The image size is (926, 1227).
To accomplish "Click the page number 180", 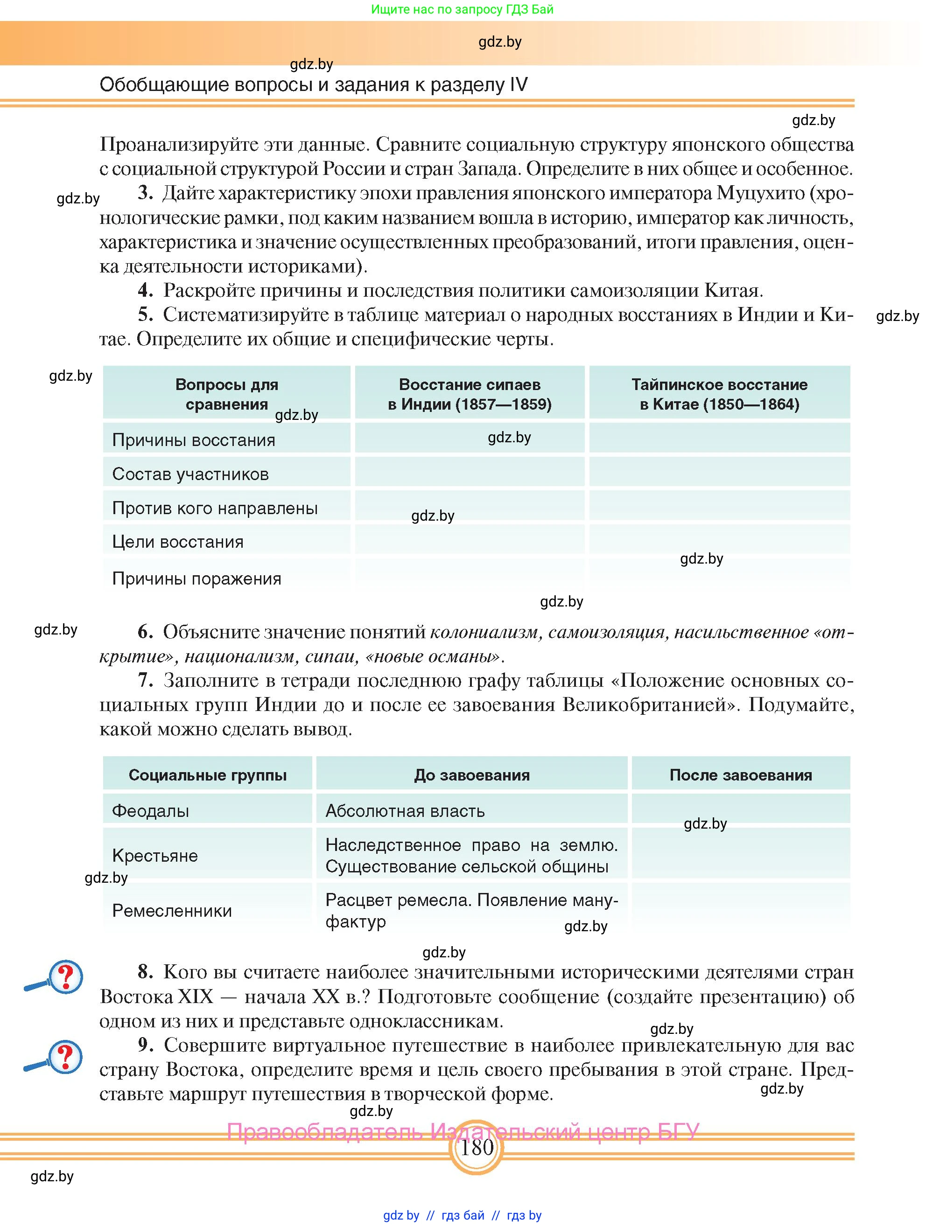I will pos(477,1147).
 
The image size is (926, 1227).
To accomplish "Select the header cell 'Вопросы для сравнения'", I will pos(226,394).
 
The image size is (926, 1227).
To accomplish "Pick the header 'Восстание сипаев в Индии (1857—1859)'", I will pos(470,394).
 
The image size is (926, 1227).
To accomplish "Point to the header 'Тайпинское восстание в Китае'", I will pos(719,394).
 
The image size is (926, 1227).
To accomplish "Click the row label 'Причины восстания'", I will pos(194,440).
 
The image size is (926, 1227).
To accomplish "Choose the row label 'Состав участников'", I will pos(190,474).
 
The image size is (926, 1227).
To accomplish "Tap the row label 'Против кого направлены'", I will pos(215,508).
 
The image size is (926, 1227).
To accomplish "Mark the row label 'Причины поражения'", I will pos(196,579).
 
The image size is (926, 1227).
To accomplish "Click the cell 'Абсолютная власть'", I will pos(405,810).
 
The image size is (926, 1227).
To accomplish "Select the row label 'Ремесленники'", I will pos(172,910).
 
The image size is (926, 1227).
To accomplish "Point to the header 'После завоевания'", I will pos(740,774).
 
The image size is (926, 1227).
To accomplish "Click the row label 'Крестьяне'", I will pos(155,855).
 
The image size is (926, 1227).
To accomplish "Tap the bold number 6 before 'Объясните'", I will pos(145,631).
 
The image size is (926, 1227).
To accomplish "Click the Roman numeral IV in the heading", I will pos(518,84).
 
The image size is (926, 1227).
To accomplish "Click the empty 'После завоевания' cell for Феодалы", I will pos(740,809).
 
